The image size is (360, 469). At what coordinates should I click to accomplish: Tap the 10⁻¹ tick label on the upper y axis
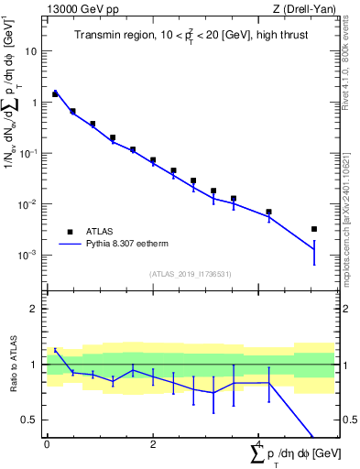point(29,153)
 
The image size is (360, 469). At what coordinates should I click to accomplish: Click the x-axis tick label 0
point(47,443)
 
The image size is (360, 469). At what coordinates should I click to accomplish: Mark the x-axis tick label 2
point(153,443)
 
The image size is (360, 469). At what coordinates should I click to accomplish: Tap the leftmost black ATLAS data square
point(55,93)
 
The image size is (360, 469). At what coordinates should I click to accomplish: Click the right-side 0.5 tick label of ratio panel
point(348,420)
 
